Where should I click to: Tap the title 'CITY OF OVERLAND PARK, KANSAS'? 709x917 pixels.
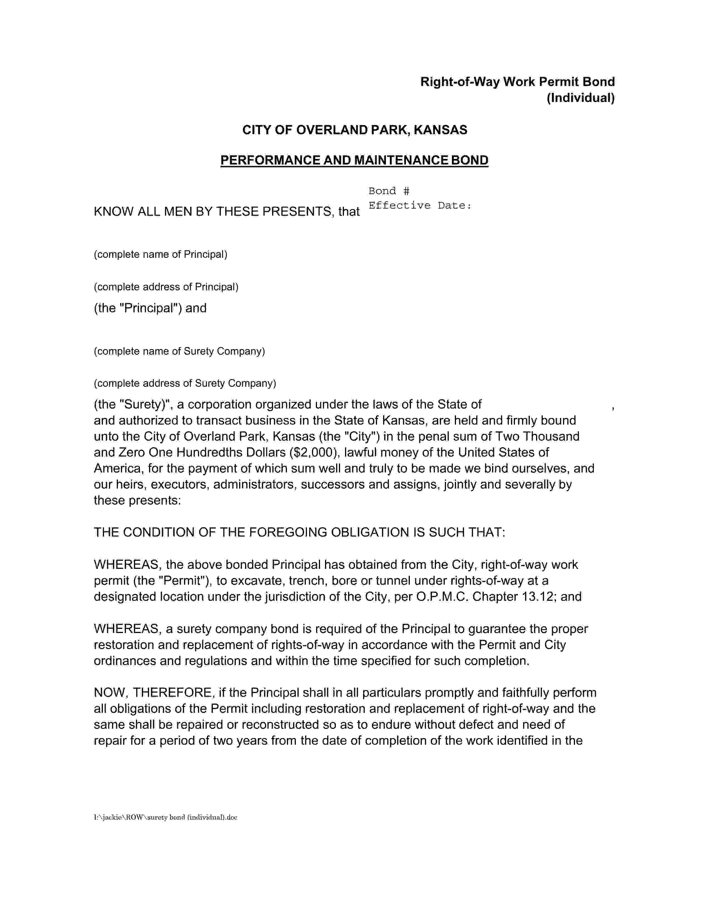click(x=354, y=130)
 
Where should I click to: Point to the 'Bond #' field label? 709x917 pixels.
click(x=388, y=191)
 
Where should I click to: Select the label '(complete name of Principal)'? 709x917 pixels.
click(x=160, y=255)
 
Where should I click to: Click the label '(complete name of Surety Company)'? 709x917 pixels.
click(x=179, y=351)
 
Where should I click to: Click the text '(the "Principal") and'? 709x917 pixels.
click(x=150, y=308)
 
